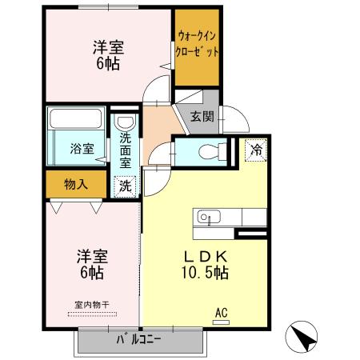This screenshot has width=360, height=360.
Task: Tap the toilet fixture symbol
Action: click(x=210, y=150)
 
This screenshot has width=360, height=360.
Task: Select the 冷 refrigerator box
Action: click(x=256, y=149)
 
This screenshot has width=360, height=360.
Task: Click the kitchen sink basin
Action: click(x=206, y=216)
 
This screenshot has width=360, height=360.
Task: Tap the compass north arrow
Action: click(x=302, y=337)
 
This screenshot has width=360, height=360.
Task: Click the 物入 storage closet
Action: click(x=76, y=185)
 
